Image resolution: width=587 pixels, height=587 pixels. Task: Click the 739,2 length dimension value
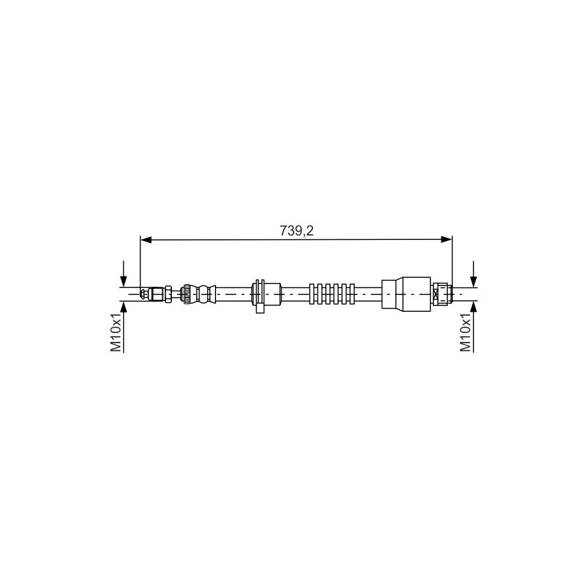(x=296, y=231)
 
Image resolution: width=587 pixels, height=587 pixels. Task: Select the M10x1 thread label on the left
(x=116, y=333)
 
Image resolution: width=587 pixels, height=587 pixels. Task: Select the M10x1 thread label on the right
(x=466, y=333)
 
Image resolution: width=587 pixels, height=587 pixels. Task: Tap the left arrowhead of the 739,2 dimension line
(x=146, y=239)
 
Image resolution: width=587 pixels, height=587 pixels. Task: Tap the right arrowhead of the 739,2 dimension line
(x=447, y=239)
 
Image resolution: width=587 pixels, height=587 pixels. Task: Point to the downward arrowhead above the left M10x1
(x=124, y=282)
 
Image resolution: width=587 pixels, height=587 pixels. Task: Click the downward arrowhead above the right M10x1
(x=474, y=282)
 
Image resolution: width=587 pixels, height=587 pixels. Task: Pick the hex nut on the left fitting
(x=167, y=294)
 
